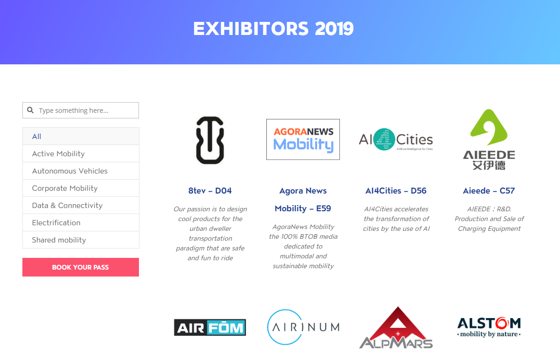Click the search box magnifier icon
(x=30, y=110)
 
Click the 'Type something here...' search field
(x=81, y=110)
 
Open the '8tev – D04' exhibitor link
(x=210, y=191)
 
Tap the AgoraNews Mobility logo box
(x=303, y=139)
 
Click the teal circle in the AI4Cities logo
(x=384, y=139)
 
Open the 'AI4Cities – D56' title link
(x=396, y=191)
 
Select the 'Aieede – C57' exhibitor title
(x=489, y=191)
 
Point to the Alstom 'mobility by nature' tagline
(x=489, y=334)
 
